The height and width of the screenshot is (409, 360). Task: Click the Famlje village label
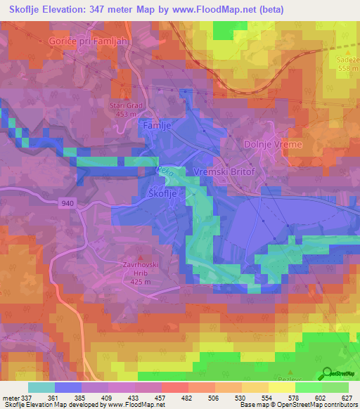pos(157,124)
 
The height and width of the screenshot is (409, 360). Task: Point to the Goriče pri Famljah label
pos(89,41)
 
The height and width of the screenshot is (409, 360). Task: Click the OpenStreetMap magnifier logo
pos(327,373)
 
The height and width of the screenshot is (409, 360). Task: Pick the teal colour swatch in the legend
pos(41,387)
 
